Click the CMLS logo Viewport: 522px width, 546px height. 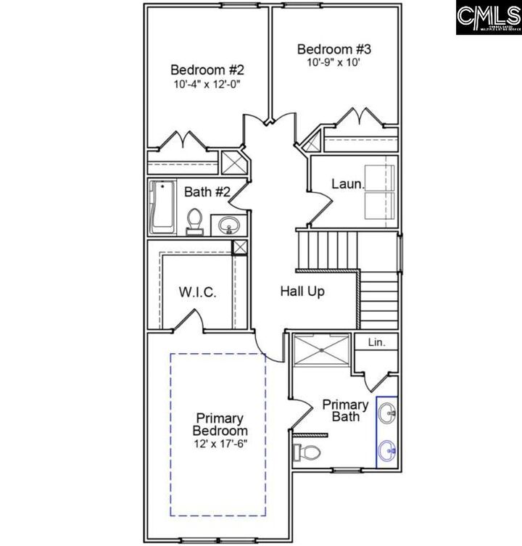(488, 17)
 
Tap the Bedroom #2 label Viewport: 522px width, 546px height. (207, 70)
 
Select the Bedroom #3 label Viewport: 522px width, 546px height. (334, 49)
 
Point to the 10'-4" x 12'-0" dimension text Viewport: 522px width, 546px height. (207, 84)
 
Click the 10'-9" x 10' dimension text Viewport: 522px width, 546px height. (333, 62)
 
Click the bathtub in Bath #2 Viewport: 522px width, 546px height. (162, 207)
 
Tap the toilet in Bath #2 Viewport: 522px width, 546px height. (194, 221)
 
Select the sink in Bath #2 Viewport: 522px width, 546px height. (229, 225)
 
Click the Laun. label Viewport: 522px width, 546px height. (347, 184)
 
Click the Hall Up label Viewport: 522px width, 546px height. (302, 292)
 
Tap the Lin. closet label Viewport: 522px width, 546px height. (376, 342)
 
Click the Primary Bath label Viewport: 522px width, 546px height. (345, 410)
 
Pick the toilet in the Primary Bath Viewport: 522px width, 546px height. (307, 453)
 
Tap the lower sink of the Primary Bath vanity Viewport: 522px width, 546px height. (387, 450)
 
